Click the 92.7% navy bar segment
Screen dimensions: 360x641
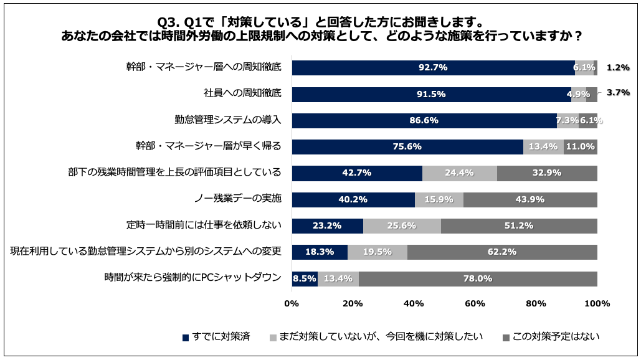pyautogui.click(x=433, y=68)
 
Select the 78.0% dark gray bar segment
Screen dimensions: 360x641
pyautogui.click(x=478, y=278)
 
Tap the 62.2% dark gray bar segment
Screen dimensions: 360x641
pyautogui.click(x=502, y=252)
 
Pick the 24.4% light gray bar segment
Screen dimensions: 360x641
pyautogui.click(x=460, y=173)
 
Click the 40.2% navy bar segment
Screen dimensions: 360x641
pyautogui.click(x=353, y=199)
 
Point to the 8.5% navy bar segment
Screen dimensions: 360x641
pyautogui.click(x=305, y=278)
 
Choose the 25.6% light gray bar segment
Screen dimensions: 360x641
pyautogui.click(x=402, y=226)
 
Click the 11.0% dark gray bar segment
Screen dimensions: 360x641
pyautogui.click(x=581, y=147)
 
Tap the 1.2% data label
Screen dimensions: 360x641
pyautogui.click(x=618, y=68)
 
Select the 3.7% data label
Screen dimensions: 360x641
pyautogui.click(x=618, y=92)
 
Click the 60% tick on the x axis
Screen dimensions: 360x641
pyautogui.click(x=475, y=304)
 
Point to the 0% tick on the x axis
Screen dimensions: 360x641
pyautogui.click(x=292, y=304)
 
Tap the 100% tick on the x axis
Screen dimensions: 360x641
pyautogui.click(x=597, y=304)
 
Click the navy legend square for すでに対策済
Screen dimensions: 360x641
pyautogui.click(x=186, y=338)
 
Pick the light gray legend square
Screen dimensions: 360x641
pyautogui.click(x=273, y=338)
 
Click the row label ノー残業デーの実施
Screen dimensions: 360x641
pyautogui.click(x=239, y=199)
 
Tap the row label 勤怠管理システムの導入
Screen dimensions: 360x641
pyautogui.click(x=228, y=120)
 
